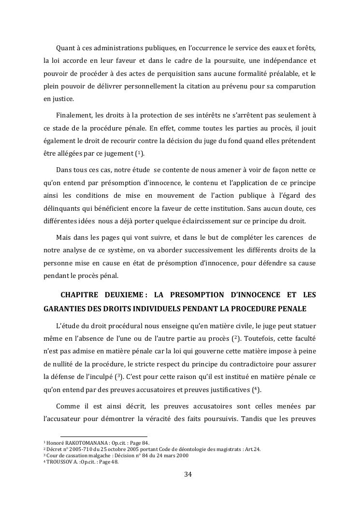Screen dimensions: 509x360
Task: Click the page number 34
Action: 188,474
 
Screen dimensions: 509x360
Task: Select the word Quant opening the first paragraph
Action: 66,48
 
